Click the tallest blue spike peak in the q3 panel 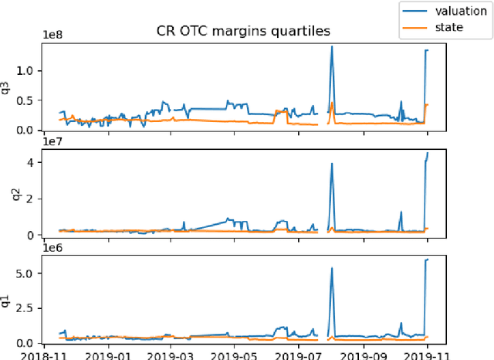[x=332, y=46]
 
